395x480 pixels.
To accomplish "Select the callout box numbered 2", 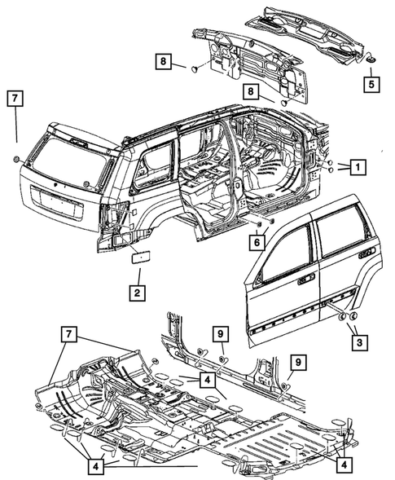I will click(x=138, y=292).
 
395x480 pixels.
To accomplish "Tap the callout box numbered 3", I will click(x=357, y=343).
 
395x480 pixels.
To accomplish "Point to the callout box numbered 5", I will click(x=370, y=83).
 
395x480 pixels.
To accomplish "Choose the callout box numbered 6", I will click(x=257, y=241).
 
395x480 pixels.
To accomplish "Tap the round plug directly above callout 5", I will click(x=370, y=59).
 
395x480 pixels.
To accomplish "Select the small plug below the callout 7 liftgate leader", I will click(x=16, y=157).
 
